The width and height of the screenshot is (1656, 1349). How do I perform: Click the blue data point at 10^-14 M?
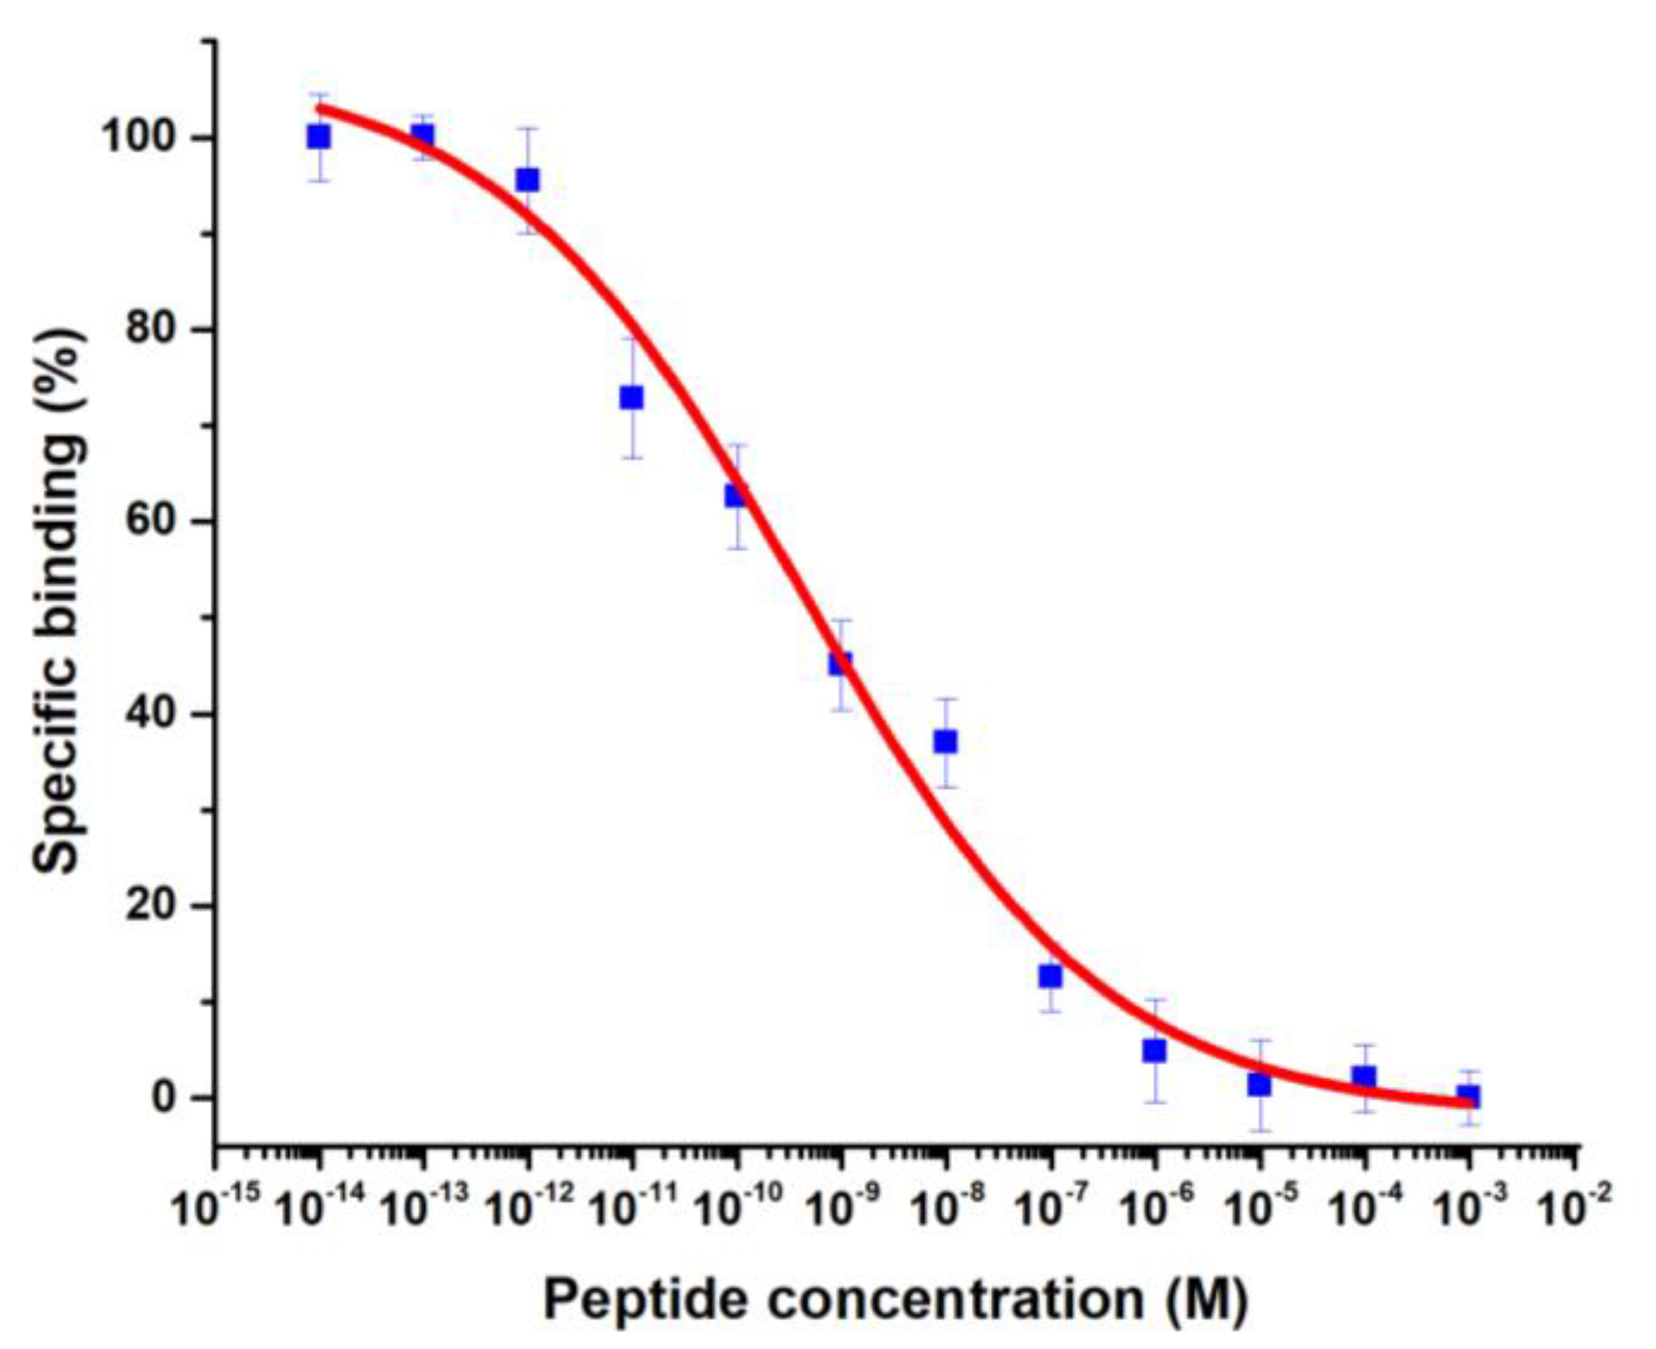coord(319,137)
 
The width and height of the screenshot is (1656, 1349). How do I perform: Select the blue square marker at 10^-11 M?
coord(632,397)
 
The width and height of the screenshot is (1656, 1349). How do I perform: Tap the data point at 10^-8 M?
coord(945,741)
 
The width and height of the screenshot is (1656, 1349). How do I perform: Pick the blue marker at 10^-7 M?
coord(1050,976)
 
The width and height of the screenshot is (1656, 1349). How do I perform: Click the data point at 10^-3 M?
coord(1468,1097)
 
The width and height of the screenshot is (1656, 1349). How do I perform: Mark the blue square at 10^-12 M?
coord(528,180)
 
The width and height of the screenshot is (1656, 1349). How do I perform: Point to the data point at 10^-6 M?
coord(1155,1051)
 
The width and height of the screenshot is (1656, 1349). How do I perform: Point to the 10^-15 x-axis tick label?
coord(216,1207)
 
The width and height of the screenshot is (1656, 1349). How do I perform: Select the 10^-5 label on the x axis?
coord(1260,1207)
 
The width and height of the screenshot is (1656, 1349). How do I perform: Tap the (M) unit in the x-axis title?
coord(1208,1300)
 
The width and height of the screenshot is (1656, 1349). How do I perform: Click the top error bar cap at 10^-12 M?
coord(528,128)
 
